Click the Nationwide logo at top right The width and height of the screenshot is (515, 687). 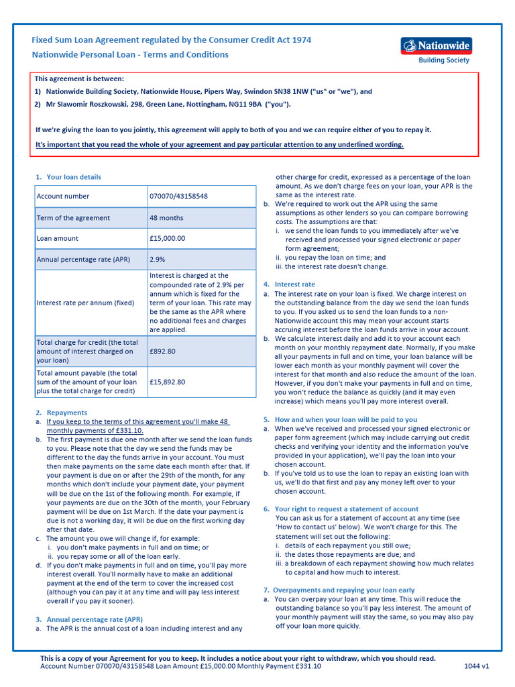coord(437,46)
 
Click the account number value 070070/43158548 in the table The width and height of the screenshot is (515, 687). coord(178,197)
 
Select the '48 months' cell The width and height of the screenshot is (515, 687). coord(166,218)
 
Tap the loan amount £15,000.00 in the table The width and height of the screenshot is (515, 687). coord(167,238)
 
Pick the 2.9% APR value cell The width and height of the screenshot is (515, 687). coord(158,259)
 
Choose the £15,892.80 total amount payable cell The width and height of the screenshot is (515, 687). coord(168,382)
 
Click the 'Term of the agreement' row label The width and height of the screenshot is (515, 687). coord(73,218)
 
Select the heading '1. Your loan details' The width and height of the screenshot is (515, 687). coord(68,177)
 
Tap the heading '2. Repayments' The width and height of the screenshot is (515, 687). coord(62,413)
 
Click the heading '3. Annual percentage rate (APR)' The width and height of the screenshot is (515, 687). coord(89,619)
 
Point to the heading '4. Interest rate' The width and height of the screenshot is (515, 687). coord(289,284)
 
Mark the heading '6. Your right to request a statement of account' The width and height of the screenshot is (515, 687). coord(341,509)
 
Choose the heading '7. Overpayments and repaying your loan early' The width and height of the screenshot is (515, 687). coord(339,590)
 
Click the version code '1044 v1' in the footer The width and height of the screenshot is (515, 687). coord(477,666)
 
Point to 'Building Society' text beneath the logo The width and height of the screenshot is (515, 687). coord(444,60)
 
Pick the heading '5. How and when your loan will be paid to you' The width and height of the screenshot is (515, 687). coord(341,419)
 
